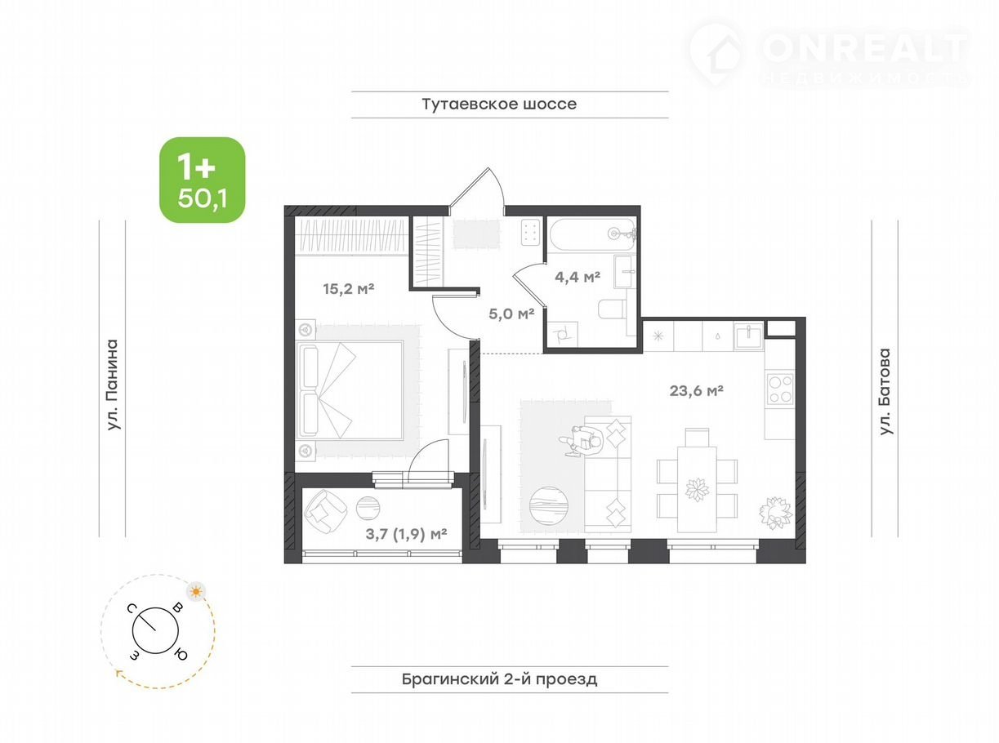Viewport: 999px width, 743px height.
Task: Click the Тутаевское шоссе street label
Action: pyautogui.click(x=499, y=104)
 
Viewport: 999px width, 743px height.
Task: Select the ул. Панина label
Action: pyautogui.click(x=113, y=385)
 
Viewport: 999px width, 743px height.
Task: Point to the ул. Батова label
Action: pyautogui.click(x=885, y=391)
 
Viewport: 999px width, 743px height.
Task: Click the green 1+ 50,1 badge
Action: pyautogui.click(x=203, y=180)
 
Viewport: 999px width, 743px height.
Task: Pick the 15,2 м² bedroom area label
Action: pyautogui.click(x=349, y=289)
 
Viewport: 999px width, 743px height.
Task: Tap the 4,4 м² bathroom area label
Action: pyautogui.click(x=578, y=277)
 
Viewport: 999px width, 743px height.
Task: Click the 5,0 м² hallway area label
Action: pyautogui.click(x=511, y=314)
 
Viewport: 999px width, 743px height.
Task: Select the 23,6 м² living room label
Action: pyautogui.click(x=696, y=390)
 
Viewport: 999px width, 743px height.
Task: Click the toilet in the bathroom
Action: pyautogui.click(x=613, y=309)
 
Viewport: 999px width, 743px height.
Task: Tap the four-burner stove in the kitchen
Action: pyautogui.click(x=780, y=389)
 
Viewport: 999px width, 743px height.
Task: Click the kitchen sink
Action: pyautogui.click(x=747, y=335)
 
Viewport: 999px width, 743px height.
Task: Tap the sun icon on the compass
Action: pyautogui.click(x=196, y=591)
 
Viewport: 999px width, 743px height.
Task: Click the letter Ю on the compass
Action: pyautogui.click(x=181, y=655)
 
